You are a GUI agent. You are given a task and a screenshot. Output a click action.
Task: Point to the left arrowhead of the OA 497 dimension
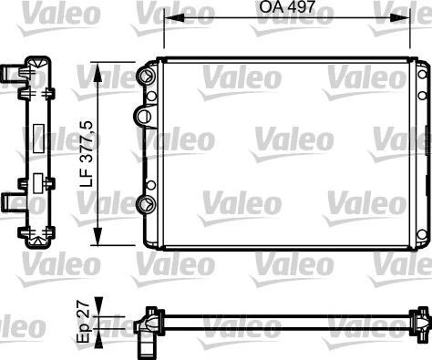click(168, 22)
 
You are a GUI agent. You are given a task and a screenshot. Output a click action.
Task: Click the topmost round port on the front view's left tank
click(146, 75)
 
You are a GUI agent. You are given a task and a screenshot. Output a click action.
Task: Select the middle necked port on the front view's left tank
click(142, 116)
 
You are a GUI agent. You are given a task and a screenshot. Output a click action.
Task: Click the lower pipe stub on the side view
click(12, 198)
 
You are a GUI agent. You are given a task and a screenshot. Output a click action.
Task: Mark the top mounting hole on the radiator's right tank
click(422, 75)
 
